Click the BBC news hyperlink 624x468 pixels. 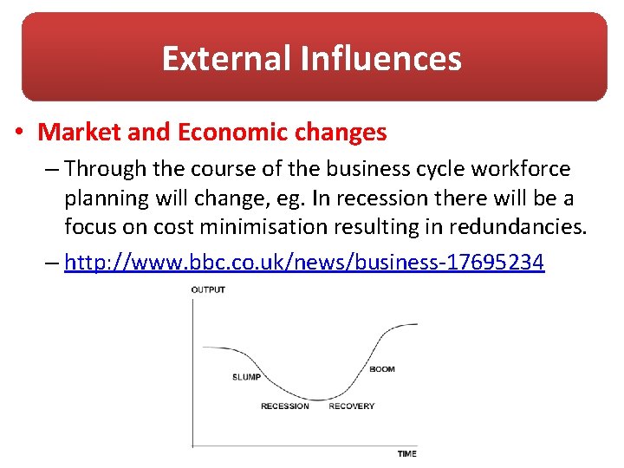coord(304,262)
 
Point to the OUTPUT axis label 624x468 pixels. coord(208,289)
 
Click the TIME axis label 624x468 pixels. coord(406,453)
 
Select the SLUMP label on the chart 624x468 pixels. coord(247,377)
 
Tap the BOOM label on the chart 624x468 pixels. coord(381,369)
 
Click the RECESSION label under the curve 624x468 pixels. coord(284,406)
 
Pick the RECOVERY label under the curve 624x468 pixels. coord(351,406)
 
